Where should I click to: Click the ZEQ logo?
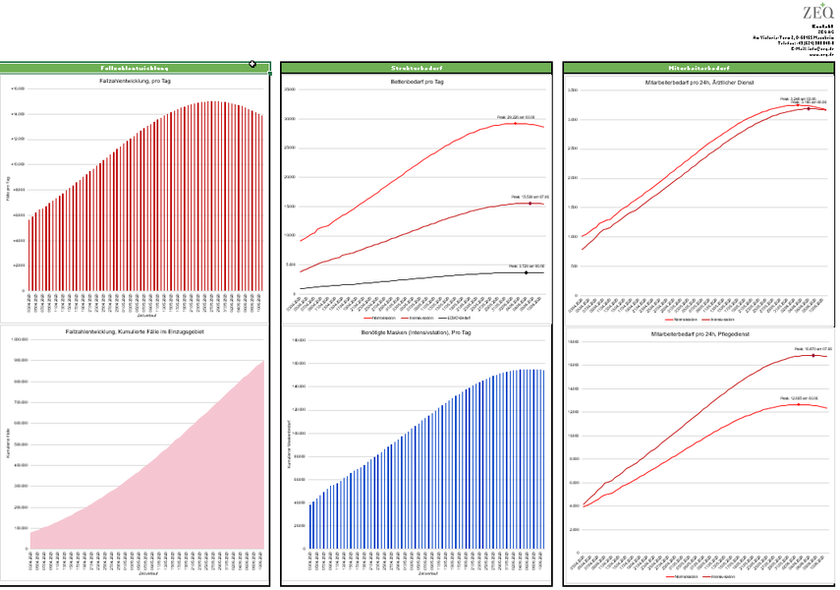[817, 13]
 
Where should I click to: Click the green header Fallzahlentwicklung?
[137, 67]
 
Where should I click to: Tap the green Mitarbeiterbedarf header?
[696, 67]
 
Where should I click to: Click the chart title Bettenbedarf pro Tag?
[419, 81]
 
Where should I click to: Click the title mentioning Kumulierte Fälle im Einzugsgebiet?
[137, 332]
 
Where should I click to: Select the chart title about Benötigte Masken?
[419, 332]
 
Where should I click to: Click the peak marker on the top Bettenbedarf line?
[516, 123]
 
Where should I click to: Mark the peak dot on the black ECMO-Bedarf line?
[527, 272]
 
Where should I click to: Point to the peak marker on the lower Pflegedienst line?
[799, 404]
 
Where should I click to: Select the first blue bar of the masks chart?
[310, 526]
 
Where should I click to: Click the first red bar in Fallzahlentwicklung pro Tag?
[29, 254]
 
